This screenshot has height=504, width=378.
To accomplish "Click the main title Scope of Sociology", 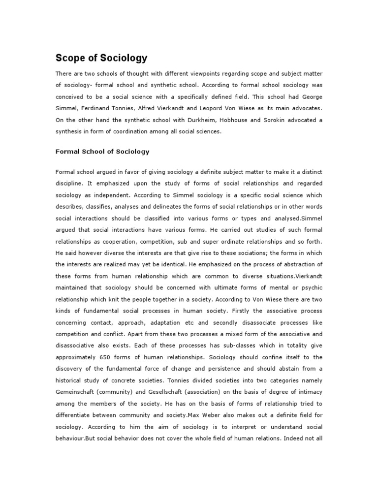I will point(101,58).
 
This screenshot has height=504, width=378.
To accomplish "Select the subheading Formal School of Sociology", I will point(102,152).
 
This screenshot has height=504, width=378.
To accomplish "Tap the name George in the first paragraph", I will point(311,96).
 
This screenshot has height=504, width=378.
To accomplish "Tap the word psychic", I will point(311,289).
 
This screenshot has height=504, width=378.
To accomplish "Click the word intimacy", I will point(310,392).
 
